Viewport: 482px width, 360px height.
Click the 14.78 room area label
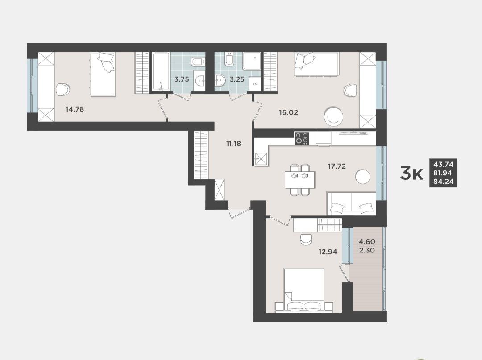click(x=75, y=109)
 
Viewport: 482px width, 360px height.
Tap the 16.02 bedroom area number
click(x=288, y=112)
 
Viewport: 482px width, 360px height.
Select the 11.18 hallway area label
click(x=233, y=144)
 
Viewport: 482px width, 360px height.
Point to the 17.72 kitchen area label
click(x=337, y=166)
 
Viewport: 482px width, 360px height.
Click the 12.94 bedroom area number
click(x=328, y=252)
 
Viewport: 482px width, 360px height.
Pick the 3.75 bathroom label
click(x=182, y=79)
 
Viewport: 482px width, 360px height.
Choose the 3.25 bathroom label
click(x=237, y=79)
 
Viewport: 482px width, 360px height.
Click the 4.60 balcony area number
click(x=367, y=242)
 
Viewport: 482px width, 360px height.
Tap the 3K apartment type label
click(x=411, y=174)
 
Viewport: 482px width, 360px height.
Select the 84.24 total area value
click(x=443, y=181)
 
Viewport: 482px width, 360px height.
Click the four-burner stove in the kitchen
click(x=302, y=138)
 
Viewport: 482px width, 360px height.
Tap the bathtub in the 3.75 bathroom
click(x=161, y=71)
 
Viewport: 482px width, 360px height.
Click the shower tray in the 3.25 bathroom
click(x=252, y=61)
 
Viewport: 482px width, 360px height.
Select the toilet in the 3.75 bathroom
click(x=198, y=62)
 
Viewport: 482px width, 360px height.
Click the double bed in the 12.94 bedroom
click(x=304, y=290)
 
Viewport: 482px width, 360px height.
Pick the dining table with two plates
click(x=300, y=180)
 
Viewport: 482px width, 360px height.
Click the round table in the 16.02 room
click(x=333, y=116)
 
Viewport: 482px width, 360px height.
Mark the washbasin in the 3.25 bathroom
click(x=220, y=81)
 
